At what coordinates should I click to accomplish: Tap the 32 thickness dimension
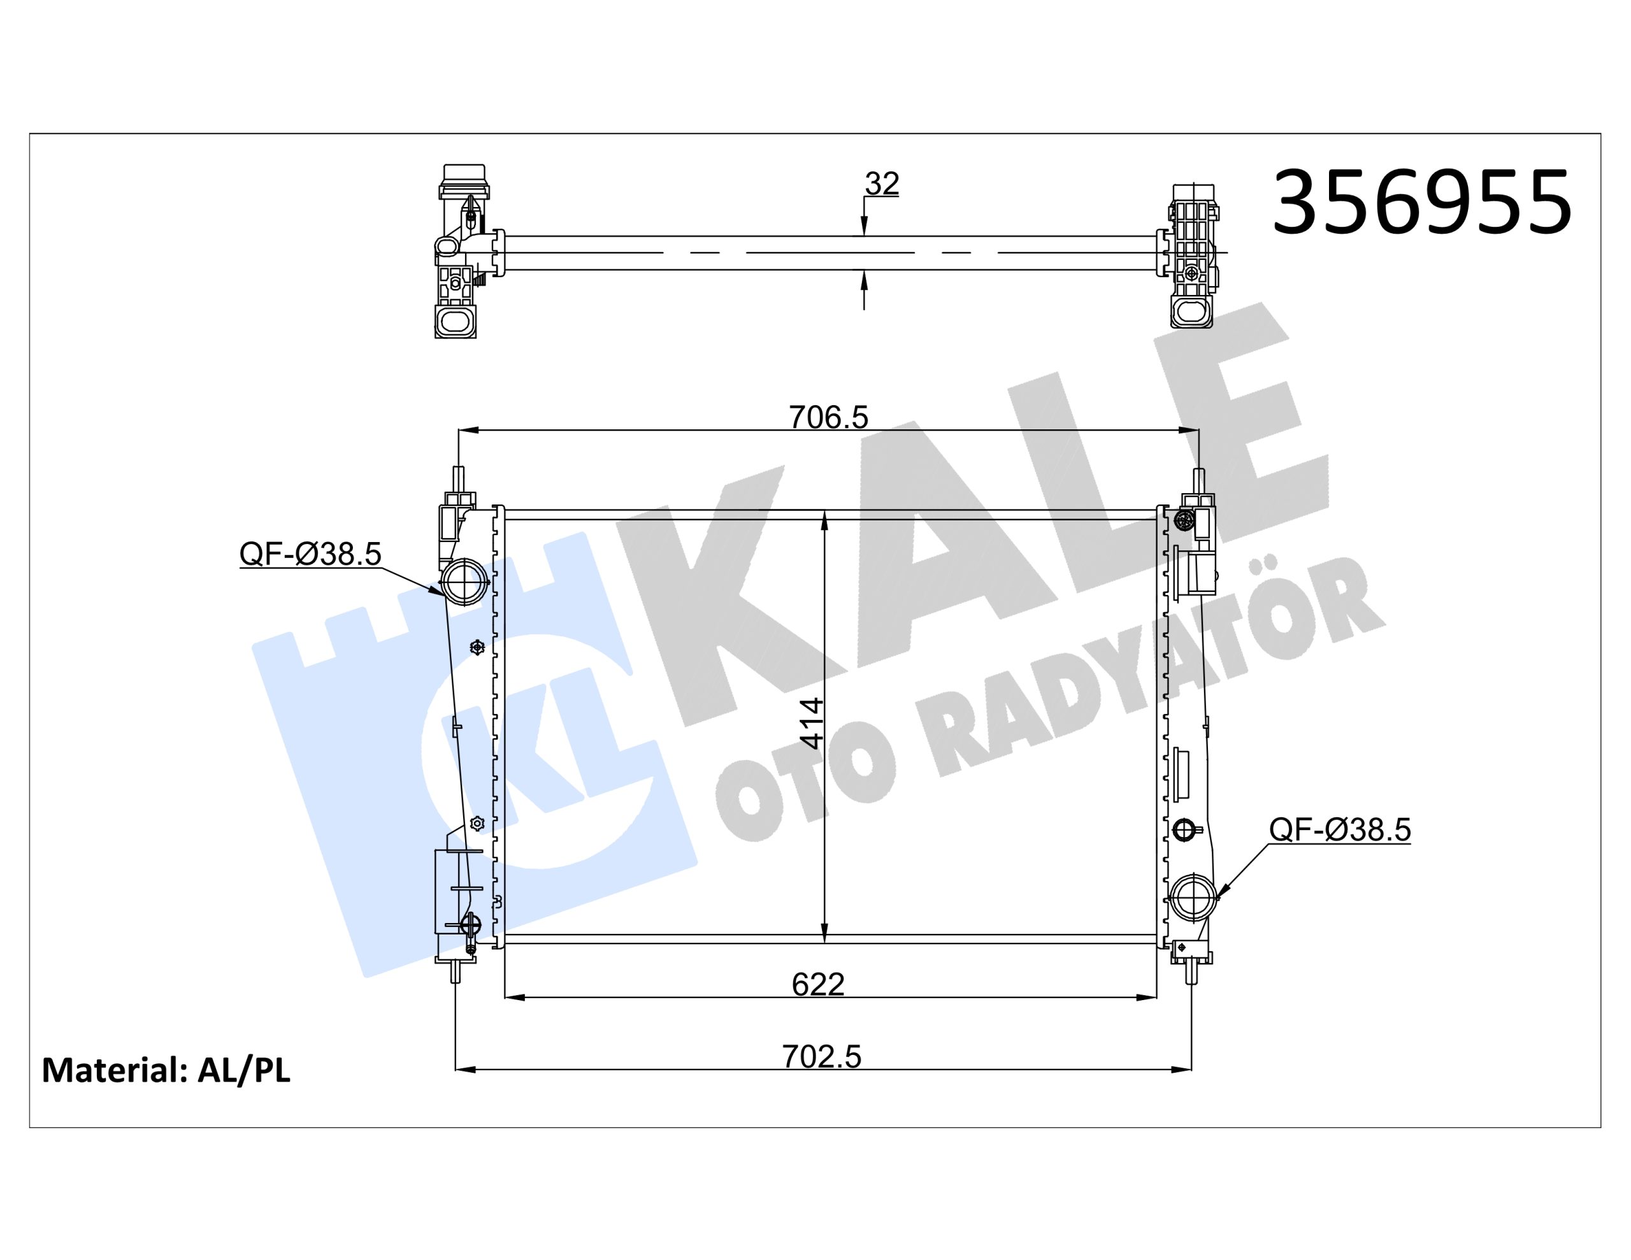coord(882,183)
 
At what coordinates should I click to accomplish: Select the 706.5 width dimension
coord(829,417)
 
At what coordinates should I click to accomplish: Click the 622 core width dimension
coord(819,984)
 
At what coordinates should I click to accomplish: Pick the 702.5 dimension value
coord(821,1057)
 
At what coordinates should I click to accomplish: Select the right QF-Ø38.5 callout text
coord(1340,830)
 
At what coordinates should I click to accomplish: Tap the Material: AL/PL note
coord(166,1070)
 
